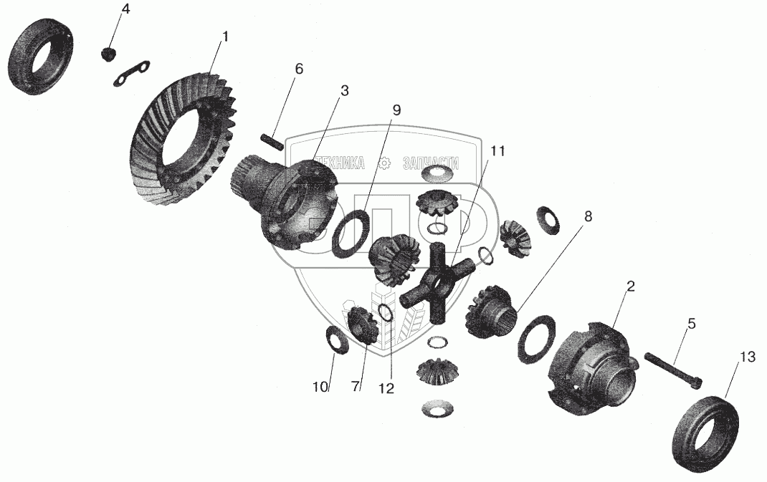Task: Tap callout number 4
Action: [126, 10]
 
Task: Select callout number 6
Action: [299, 69]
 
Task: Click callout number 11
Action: [497, 151]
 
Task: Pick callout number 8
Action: [588, 216]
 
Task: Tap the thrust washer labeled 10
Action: [337, 338]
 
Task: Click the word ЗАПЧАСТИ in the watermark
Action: [432, 163]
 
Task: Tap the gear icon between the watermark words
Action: [384, 163]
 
